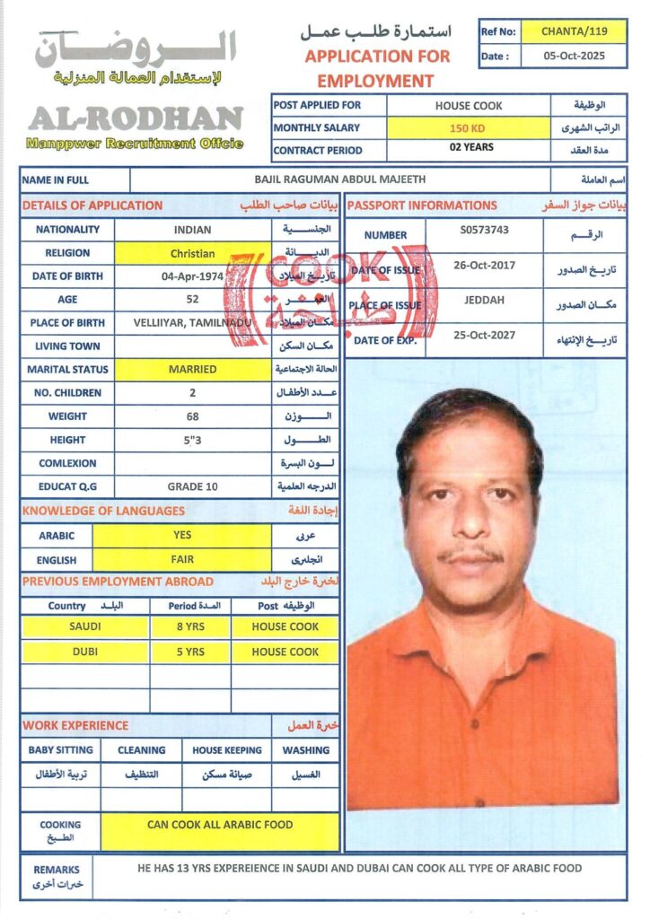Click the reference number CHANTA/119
click(574, 31)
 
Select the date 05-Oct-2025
click(574, 56)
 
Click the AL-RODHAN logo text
click(136, 119)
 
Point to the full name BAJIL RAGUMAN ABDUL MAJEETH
click(339, 180)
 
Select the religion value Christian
click(193, 253)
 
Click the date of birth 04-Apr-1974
click(193, 276)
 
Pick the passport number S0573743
click(484, 231)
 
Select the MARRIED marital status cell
click(193, 369)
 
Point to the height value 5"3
click(193, 440)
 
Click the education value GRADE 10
click(193, 486)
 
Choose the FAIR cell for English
click(182, 559)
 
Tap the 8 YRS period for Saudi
click(190, 626)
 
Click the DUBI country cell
click(85, 652)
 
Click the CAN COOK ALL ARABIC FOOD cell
click(220, 825)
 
